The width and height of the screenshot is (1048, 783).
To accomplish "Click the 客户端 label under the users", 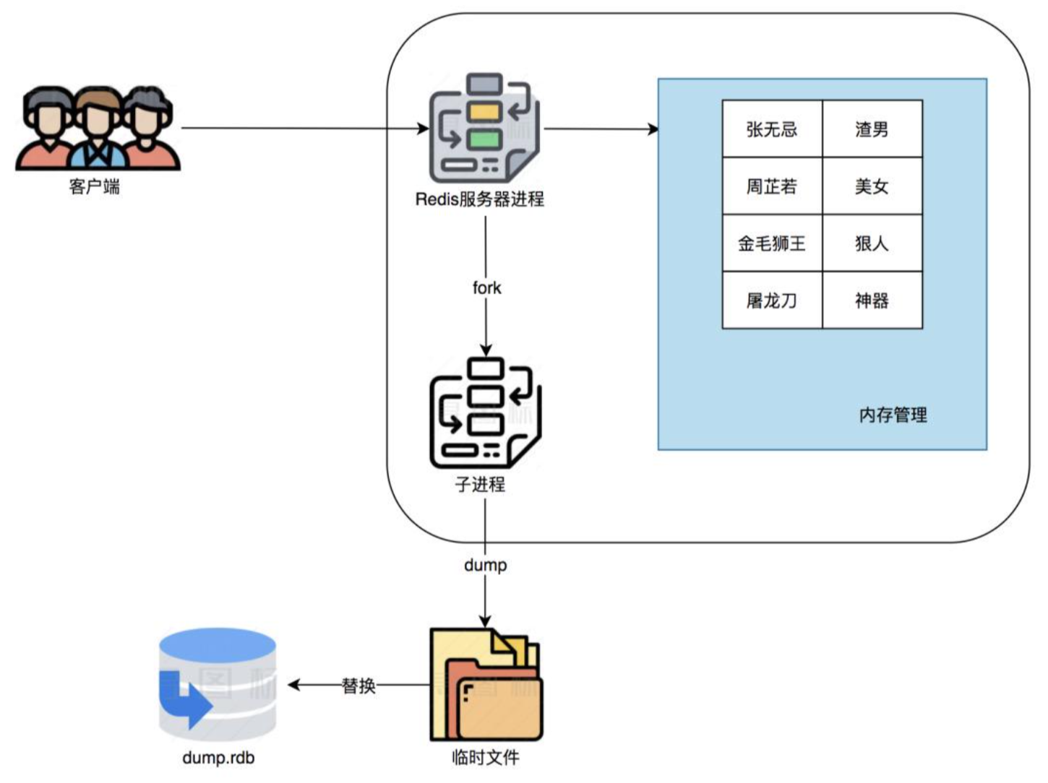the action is (95, 186).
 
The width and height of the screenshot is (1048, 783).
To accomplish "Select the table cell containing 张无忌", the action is (772, 129).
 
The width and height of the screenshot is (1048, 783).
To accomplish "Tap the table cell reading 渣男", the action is (872, 129).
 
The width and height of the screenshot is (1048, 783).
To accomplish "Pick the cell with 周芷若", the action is (772, 186).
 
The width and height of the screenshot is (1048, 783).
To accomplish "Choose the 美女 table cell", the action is (872, 186).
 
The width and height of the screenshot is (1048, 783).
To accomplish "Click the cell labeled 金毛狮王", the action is (772, 243).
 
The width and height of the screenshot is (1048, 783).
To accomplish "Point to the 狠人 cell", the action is (872, 243).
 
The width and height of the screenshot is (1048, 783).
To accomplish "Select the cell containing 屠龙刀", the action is (772, 300).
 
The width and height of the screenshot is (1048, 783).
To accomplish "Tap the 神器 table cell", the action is (872, 300).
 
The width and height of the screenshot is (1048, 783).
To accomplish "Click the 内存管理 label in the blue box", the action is (893, 415).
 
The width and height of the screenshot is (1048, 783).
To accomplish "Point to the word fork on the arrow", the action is (486, 287).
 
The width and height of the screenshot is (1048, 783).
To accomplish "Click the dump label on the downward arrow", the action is (485, 565).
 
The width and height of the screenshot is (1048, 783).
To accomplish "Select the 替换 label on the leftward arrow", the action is (358, 685).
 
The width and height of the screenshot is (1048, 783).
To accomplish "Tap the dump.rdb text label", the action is (218, 757).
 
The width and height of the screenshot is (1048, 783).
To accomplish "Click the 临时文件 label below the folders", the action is (486, 757).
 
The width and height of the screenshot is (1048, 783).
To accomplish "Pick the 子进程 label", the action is (480, 484).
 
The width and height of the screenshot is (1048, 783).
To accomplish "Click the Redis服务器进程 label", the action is (480, 199).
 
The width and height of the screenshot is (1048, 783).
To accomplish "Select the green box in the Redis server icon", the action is (485, 139).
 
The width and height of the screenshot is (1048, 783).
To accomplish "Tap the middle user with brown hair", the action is (98, 129).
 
